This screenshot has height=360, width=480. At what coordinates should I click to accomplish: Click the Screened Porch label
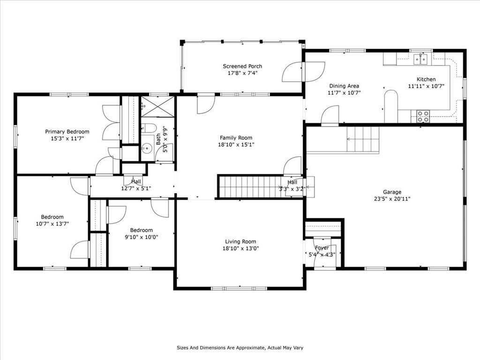point(242,66)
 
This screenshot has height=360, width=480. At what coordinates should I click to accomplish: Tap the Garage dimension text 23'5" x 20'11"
point(392,199)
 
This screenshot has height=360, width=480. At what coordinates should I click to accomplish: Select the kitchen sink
point(421,59)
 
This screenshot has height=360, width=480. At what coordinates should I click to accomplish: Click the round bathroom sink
point(148,149)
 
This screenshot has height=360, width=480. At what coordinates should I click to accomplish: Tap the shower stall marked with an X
point(157,106)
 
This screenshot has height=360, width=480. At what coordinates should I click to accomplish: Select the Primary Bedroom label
point(67,132)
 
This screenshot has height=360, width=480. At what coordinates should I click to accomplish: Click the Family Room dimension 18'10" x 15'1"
point(236,145)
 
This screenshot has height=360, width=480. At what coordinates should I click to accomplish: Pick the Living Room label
point(240,241)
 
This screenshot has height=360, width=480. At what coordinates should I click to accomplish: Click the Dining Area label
point(344,86)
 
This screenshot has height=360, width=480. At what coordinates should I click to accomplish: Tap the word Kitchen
point(426,79)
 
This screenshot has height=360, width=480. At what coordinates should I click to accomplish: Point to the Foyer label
point(322,247)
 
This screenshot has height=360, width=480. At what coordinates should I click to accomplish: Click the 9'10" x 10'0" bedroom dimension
point(141,237)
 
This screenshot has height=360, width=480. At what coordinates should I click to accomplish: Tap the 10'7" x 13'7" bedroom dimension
point(52,224)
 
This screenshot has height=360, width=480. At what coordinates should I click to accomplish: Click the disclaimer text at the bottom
point(240,348)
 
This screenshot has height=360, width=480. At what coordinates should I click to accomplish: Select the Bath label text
point(158,139)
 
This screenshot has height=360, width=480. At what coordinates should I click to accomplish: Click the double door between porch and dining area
point(303,72)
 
